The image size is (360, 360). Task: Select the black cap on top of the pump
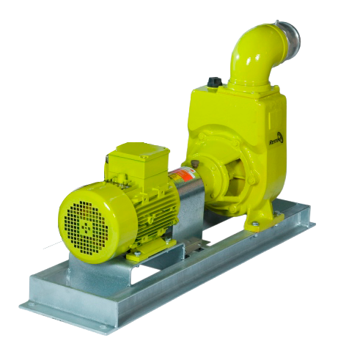coord(214,83)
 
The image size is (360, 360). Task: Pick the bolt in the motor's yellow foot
coord(136,256)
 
